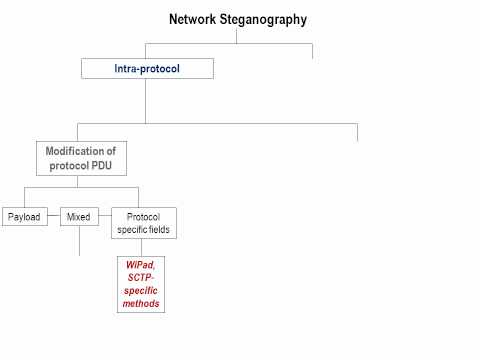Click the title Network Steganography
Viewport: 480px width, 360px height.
238,19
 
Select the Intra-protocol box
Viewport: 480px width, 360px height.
146,69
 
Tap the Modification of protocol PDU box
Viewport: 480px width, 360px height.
81,158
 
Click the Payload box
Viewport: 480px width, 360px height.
23,216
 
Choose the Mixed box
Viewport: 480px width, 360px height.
79,216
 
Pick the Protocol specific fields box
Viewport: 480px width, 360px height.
144,223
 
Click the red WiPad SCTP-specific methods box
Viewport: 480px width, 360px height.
141,283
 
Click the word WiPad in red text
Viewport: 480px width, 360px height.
140,265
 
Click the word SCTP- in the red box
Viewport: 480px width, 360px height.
141,278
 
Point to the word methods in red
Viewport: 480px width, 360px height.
141,303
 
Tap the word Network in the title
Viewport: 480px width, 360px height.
191,19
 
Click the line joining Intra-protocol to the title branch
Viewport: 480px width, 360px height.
146,51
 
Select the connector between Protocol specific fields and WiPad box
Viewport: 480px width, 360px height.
141,246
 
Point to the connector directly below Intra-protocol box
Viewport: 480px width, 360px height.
146,100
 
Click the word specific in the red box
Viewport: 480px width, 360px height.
141,290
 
